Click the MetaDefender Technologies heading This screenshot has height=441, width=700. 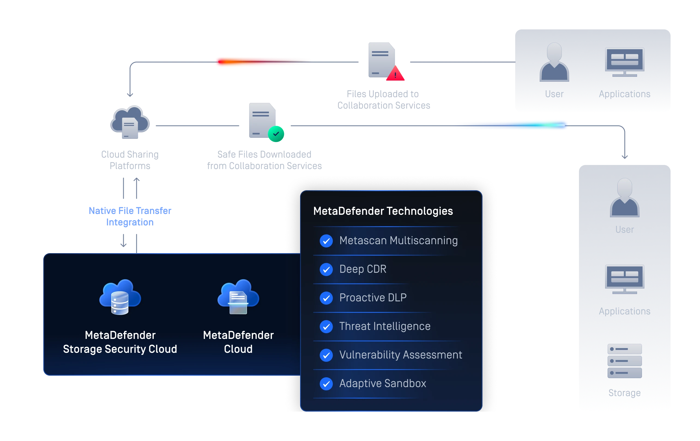point(383,211)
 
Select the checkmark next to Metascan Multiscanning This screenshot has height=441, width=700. point(326,241)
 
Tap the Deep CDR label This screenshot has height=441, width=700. point(363,269)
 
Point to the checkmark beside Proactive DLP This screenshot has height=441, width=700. point(326,298)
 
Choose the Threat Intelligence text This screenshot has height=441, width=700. point(385,326)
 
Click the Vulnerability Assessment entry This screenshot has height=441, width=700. point(401,355)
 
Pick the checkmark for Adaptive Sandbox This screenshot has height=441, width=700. point(326,384)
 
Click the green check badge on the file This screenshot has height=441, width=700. point(276,134)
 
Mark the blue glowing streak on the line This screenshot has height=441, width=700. point(511,125)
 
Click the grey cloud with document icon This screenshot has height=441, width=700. point(130,122)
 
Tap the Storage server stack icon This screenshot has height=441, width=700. point(624,361)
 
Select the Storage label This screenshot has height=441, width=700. point(624,393)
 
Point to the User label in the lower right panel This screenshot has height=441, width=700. point(624,230)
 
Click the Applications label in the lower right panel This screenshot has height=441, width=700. point(624,311)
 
